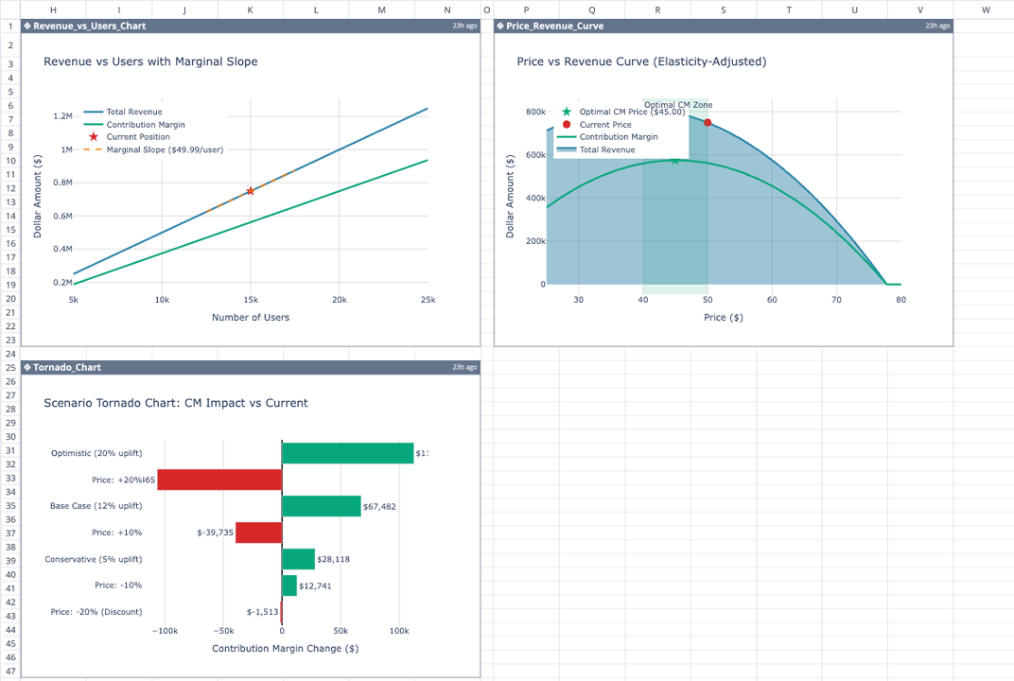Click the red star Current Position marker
tap(250, 191)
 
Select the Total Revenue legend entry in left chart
tap(133, 112)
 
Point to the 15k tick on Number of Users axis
tap(250, 300)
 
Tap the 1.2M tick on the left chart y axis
tap(63, 116)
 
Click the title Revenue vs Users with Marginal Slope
tap(150, 61)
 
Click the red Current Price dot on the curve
tap(708, 123)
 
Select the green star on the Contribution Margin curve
tap(674, 161)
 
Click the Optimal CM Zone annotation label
tap(678, 105)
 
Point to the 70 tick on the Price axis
tap(836, 300)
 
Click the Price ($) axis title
tap(723, 317)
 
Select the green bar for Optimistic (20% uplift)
tap(347, 453)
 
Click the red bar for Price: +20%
tap(219, 480)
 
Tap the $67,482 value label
tap(379, 506)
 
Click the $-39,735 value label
tap(215, 533)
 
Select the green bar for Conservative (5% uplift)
tap(298, 559)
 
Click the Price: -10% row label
tap(118, 585)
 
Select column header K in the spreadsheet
tap(250, 9)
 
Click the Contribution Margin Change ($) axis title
tap(285, 648)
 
